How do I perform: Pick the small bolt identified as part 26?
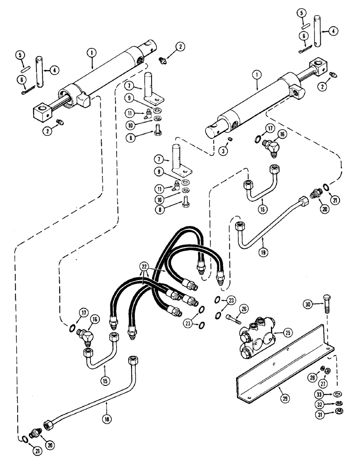click(x=234, y=318)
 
